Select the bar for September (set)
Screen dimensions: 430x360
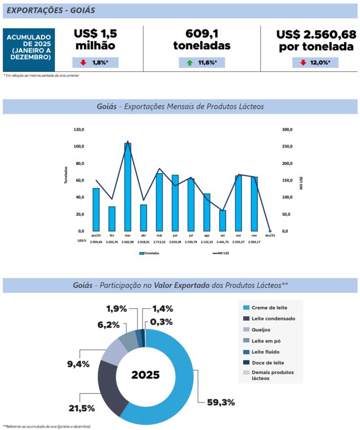(223, 221)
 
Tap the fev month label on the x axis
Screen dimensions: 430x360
(112, 236)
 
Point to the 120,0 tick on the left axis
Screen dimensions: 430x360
(79, 130)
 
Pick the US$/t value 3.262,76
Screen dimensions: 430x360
(112, 241)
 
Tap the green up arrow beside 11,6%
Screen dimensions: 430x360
(190, 63)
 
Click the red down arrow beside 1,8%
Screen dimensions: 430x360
(83, 63)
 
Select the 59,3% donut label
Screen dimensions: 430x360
(221, 402)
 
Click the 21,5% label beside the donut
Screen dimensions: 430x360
(82, 408)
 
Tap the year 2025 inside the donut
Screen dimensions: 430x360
(145, 375)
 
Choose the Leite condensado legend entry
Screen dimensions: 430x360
(272, 318)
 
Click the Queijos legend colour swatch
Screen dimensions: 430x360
(245, 330)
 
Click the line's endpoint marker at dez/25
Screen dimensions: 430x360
(270, 231)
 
